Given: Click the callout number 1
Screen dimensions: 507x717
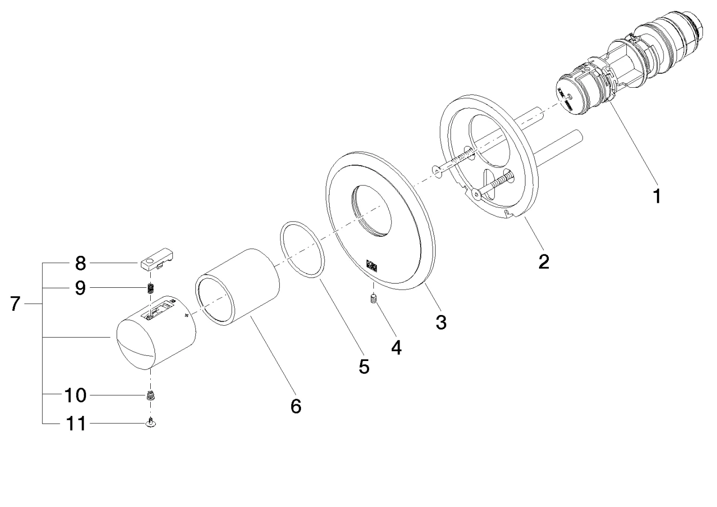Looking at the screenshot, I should [657, 196].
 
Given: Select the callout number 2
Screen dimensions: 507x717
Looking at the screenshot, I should [543, 261].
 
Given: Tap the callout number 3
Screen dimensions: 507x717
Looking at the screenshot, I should [440, 322].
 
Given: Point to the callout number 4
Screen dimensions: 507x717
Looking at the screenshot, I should [396, 347].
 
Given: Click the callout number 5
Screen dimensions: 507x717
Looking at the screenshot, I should [364, 367].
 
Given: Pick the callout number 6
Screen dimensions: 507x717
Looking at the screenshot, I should [296, 406].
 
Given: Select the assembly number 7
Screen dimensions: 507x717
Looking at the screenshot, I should [15, 304].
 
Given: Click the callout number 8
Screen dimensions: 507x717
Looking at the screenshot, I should [80, 263].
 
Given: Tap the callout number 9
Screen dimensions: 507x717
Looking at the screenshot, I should [80, 288].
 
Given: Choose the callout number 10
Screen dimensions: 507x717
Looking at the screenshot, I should [75, 395].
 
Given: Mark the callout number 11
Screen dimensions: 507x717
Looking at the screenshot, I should [75, 423].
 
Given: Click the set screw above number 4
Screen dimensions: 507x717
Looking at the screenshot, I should [374, 299].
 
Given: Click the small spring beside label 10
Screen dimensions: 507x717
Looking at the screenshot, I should [151, 396].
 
